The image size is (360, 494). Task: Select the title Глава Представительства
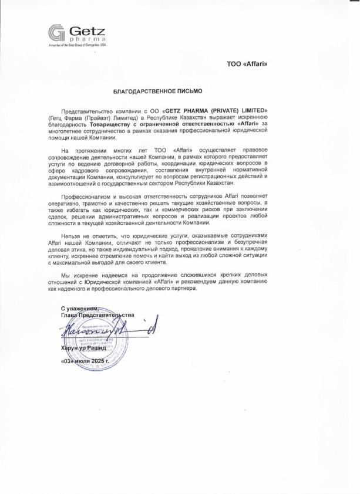click(98, 315)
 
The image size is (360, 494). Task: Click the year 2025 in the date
click(99, 361)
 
